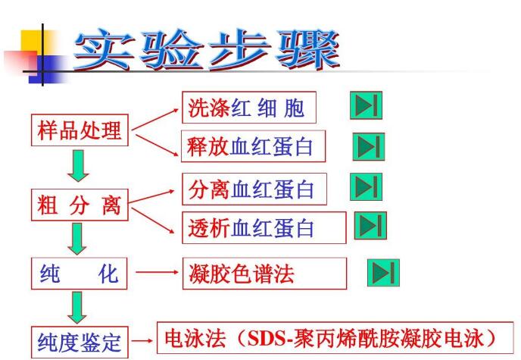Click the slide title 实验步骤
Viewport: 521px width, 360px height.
point(206,52)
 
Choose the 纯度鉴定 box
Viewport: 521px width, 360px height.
point(80,342)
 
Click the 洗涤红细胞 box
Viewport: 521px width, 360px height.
point(248,108)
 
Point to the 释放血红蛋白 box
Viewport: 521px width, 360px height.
point(253,147)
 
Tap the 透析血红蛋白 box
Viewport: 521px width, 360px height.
point(264,227)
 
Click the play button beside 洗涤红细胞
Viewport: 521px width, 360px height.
point(367,106)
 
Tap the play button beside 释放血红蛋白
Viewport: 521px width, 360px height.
point(369,146)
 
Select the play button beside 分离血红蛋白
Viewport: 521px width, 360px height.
point(367,186)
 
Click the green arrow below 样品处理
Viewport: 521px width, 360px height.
point(78,166)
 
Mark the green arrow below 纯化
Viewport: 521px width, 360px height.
point(78,308)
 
